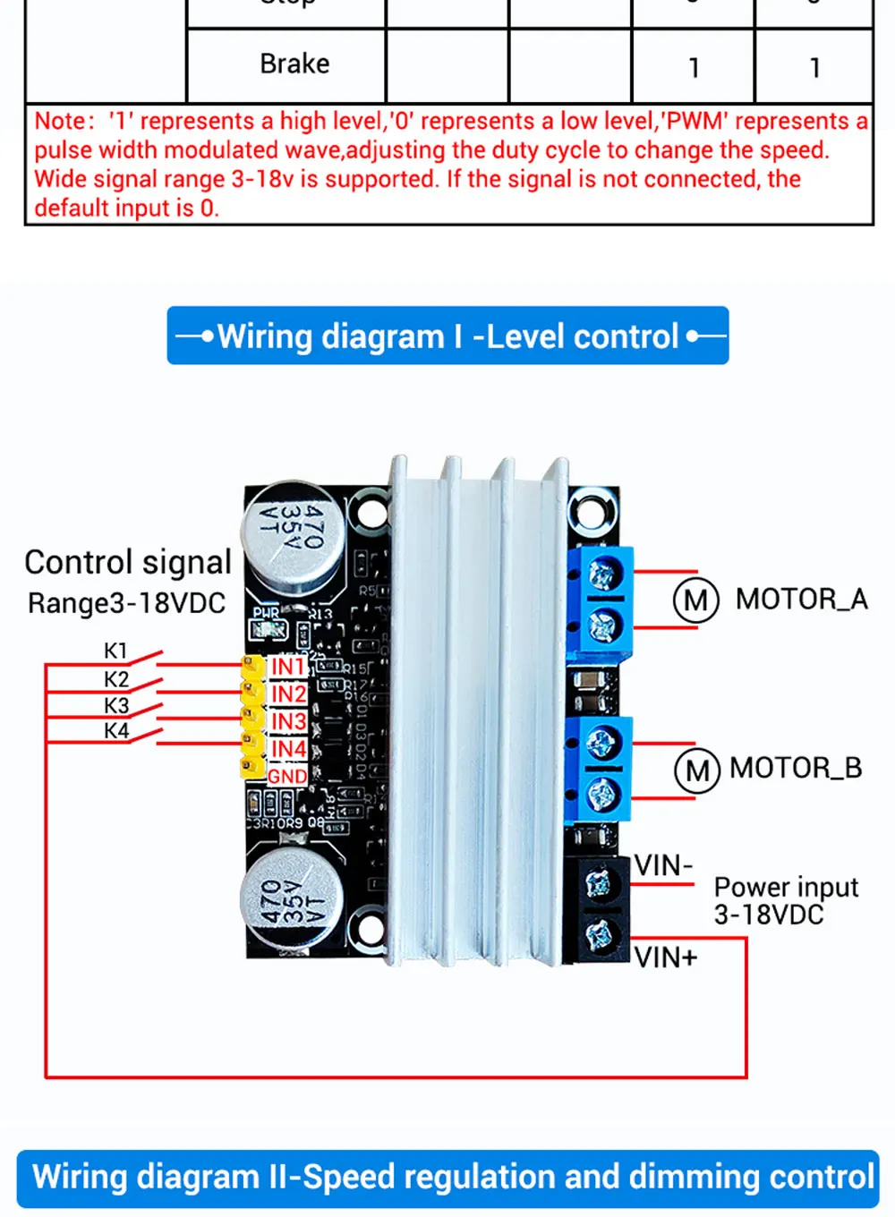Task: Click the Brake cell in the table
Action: pyautogui.click(x=294, y=64)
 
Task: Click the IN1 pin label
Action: pyautogui.click(x=288, y=667)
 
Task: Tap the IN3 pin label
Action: pyautogui.click(x=288, y=721)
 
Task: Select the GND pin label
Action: pyautogui.click(x=287, y=776)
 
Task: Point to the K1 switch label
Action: pyautogui.click(x=115, y=651)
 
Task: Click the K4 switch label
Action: pyautogui.click(x=115, y=731)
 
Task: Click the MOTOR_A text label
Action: pyautogui.click(x=801, y=599)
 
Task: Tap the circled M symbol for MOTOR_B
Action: pyautogui.click(x=696, y=770)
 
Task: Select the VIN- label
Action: pyautogui.click(x=663, y=865)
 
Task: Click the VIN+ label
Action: pyautogui.click(x=666, y=957)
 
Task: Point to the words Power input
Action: pyautogui.click(x=785, y=887)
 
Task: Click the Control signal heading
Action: pyautogui.click(x=127, y=562)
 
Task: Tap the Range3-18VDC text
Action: pyautogui.click(x=126, y=603)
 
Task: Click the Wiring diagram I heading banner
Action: pyautogui.click(x=447, y=336)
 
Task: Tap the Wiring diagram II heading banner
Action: pyautogui.click(x=447, y=1178)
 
